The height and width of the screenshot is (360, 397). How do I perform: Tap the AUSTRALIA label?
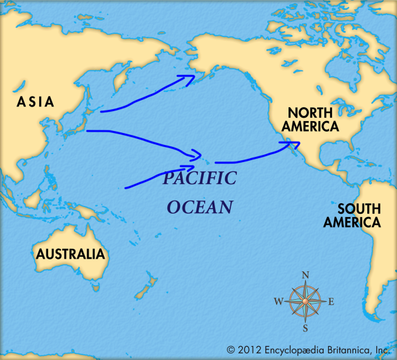pos(71,254)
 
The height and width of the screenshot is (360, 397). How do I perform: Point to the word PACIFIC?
pos(199,179)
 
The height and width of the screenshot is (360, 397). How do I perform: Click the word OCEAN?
pos(200,208)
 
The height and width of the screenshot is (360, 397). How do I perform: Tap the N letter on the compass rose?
pos(305,275)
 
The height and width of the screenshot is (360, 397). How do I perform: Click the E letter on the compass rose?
pos(331,302)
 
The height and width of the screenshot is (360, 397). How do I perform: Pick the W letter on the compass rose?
pos(278,302)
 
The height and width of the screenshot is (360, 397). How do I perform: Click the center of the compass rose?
pos(305,301)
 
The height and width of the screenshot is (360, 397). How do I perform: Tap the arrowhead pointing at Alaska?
pos(190,77)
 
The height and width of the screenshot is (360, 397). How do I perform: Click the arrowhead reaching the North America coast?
pos(293,144)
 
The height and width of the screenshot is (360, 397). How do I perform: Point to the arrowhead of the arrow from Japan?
pos(197,156)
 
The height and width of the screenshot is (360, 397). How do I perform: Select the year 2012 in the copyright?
pos(249,349)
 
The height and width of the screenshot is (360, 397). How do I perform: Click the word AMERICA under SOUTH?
pos(352,222)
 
